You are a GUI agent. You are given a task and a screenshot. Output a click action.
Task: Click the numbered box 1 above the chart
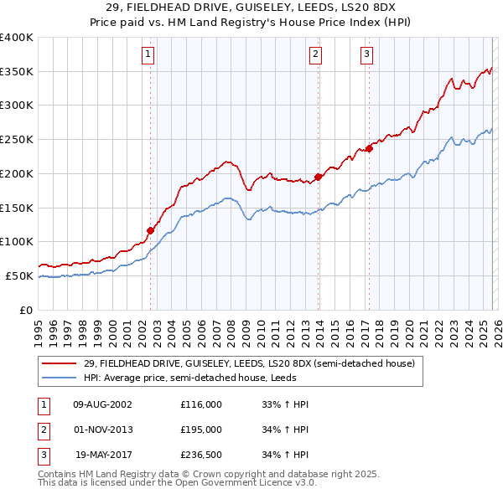[148, 55]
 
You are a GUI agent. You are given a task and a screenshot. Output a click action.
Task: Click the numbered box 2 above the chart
[315, 55]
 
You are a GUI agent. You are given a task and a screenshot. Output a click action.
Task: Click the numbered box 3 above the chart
[367, 55]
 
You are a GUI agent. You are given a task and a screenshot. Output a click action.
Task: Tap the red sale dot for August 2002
[151, 230]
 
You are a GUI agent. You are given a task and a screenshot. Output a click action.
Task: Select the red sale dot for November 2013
[319, 177]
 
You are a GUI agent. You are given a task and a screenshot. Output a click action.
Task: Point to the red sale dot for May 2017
[369, 149]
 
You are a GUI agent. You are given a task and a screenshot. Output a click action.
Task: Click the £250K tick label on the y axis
[16, 140]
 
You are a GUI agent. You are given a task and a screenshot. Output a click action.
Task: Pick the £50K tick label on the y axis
[19, 275]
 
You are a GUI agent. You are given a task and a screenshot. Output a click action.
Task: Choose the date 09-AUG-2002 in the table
[103, 404]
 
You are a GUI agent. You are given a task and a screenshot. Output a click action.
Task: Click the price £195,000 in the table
[201, 430]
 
